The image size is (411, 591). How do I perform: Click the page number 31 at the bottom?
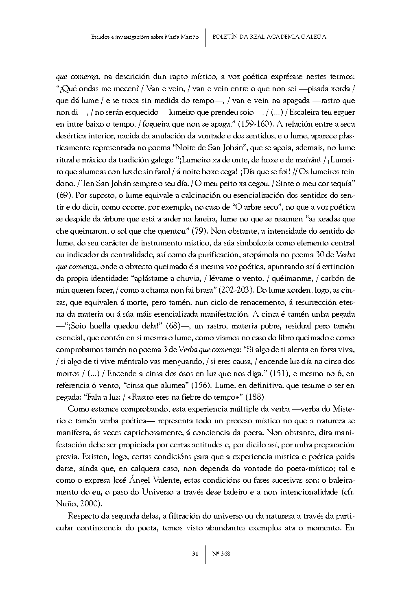[x=195, y=554]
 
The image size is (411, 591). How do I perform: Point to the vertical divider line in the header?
[x=205, y=37]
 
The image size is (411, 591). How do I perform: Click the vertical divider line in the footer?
[x=205, y=554]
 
